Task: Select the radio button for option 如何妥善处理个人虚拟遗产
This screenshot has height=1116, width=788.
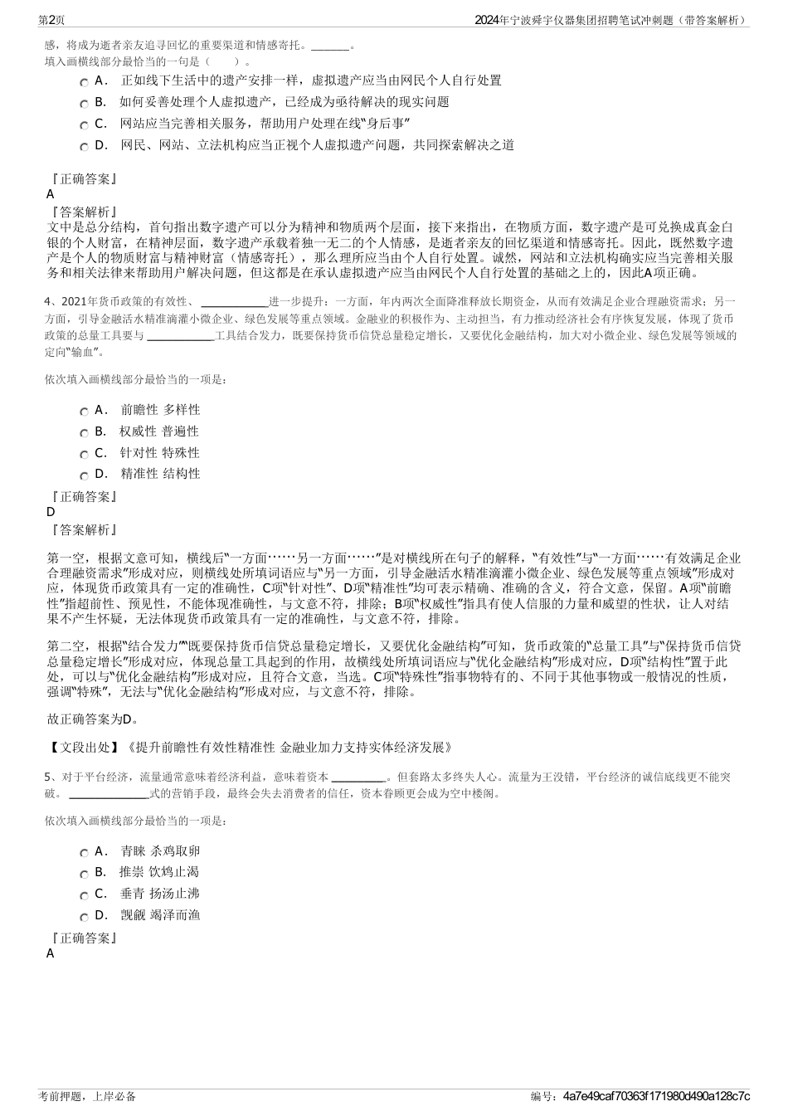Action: [x=84, y=103]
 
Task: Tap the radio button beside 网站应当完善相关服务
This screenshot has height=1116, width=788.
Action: [x=84, y=124]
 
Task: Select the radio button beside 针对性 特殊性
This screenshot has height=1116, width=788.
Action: [x=84, y=454]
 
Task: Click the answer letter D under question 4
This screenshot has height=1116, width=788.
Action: [x=51, y=512]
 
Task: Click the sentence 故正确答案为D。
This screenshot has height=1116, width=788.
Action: [x=93, y=719]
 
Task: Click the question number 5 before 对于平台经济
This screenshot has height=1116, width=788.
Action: [x=48, y=777]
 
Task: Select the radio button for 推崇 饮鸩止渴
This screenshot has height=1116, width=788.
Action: [x=84, y=874]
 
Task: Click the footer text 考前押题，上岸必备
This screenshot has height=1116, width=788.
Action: [x=87, y=1096]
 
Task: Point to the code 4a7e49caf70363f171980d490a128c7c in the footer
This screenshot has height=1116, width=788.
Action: [x=655, y=1096]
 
